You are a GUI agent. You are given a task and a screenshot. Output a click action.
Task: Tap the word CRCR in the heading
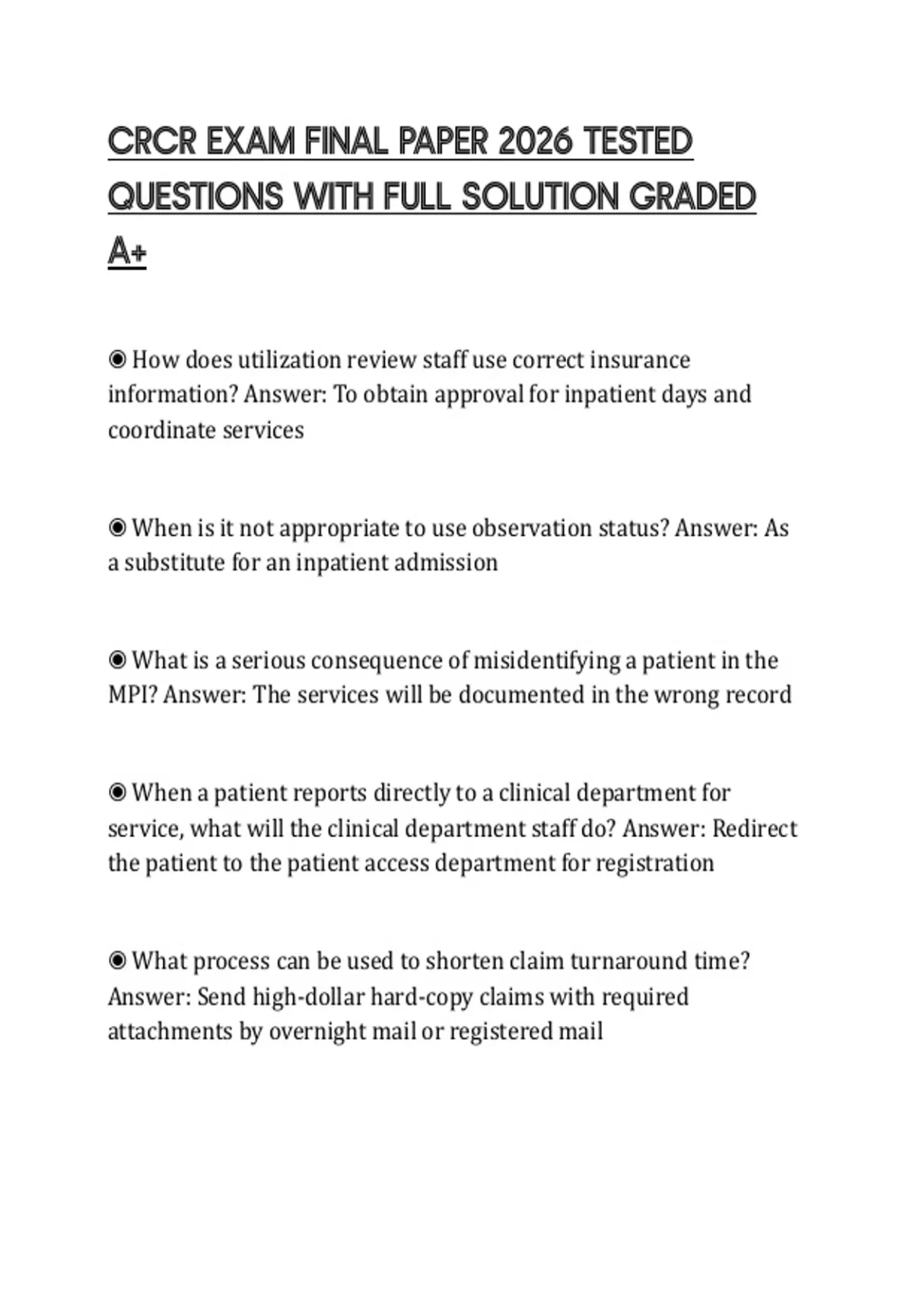tap(152, 142)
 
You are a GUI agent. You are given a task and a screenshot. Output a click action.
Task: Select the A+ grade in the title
tap(127, 251)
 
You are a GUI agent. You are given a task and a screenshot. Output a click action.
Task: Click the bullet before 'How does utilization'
tap(117, 359)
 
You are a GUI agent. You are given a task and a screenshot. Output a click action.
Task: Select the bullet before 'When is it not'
tap(117, 527)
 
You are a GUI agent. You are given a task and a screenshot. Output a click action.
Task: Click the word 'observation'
tap(531, 527)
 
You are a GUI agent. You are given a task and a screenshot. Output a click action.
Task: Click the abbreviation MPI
tap(132, 695)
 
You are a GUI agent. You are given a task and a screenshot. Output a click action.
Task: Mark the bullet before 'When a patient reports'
tap(117, 793)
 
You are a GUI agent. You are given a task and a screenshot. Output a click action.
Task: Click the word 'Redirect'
tap(754, 828)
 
